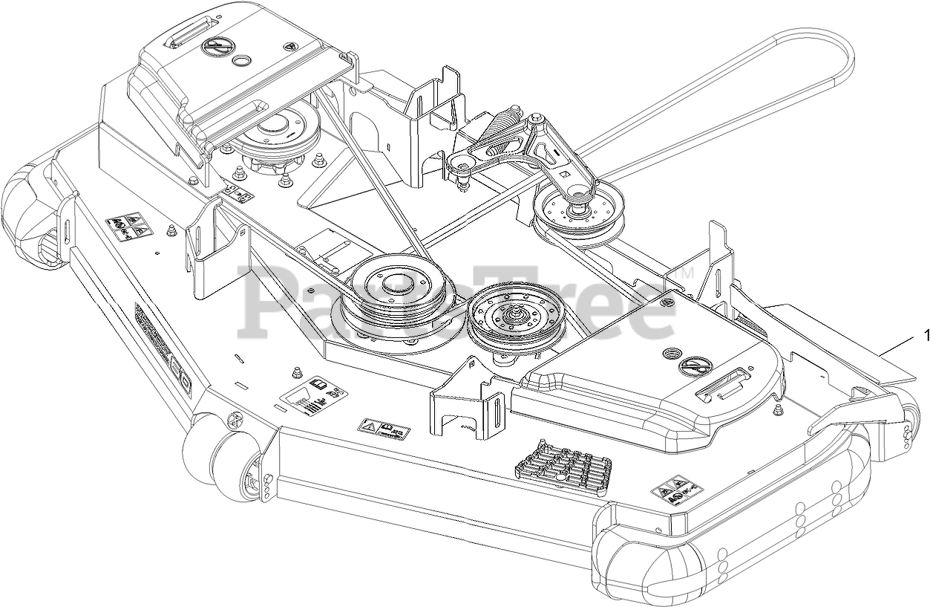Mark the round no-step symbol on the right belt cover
pos(698,365)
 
